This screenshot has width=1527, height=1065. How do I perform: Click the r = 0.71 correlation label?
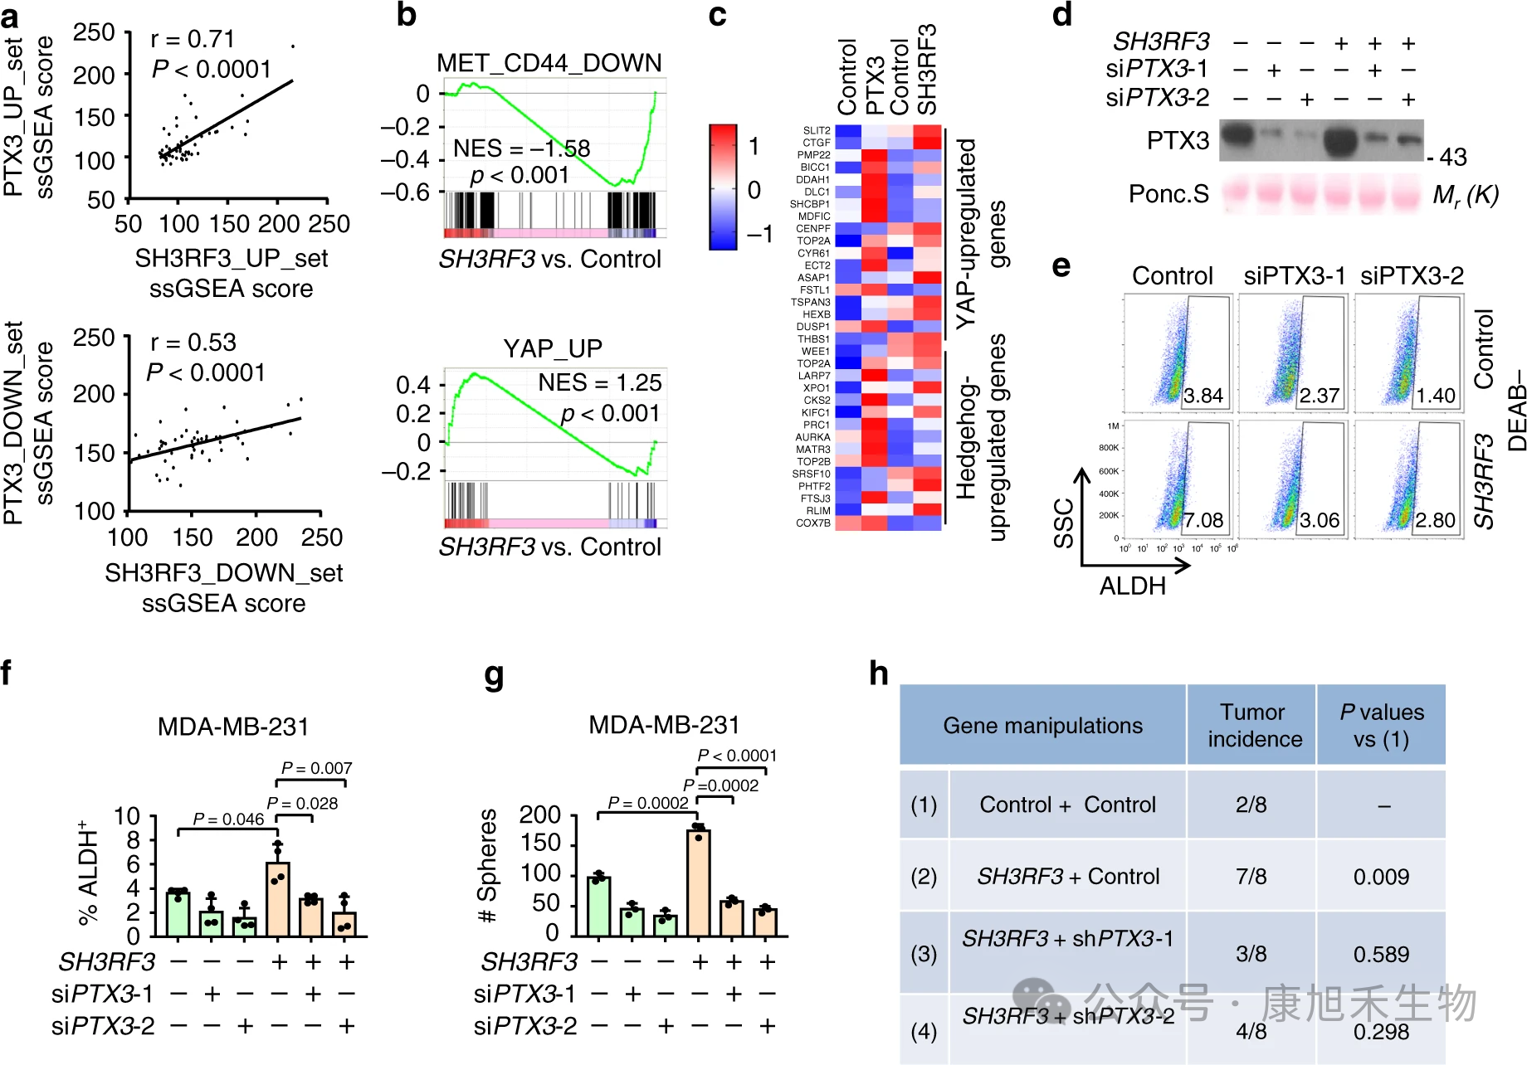tap(193, 39)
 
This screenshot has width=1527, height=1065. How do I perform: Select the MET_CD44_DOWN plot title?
tap(549, 63)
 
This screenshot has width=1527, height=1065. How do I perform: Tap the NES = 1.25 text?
tap(599, 382)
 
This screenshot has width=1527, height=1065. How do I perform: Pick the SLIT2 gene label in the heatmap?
tap(817, 130)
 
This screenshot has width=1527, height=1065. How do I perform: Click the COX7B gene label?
tap(813, 523)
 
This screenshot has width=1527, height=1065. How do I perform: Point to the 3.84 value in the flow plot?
tap(1203, 396)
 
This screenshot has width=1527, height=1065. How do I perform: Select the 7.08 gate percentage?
tap(1203, 520)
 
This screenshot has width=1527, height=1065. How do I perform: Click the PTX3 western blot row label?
tap(1178, 140)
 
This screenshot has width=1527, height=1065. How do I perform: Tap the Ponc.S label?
tap(1168, 194)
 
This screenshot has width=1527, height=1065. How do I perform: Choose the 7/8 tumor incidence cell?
tap(1251, 877)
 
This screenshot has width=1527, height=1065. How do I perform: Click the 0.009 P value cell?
tap(1381, 877)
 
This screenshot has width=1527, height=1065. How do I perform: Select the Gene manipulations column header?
tap(1042, 726)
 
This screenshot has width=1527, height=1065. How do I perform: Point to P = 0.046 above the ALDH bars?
tap(228, 819)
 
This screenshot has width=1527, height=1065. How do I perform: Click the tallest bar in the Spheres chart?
tap(699, 883)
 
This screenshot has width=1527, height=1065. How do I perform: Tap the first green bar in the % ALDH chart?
tap(178, 914)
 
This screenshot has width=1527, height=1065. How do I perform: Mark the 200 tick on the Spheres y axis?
tap(540, 815)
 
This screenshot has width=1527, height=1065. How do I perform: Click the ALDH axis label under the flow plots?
tap(1132, 586)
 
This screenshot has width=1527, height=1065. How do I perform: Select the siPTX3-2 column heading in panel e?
tap(1412, 275)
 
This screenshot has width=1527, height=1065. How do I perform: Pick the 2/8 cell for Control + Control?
tap(1251, 805)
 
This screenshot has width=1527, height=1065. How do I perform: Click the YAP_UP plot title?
tap(552, 348)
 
